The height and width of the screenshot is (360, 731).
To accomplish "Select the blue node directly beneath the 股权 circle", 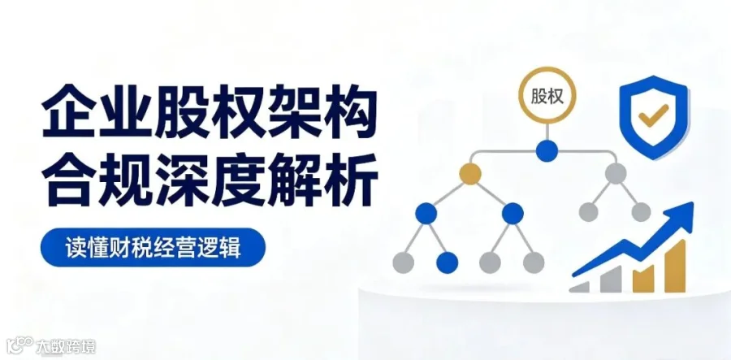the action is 547,151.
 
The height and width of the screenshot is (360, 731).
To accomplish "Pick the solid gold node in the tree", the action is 470,174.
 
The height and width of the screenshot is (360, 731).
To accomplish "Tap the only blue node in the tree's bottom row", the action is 447,262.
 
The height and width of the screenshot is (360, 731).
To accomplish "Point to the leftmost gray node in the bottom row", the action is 403,262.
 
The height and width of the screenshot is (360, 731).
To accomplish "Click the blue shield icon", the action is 653,116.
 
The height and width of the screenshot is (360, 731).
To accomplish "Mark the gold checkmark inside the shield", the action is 653,115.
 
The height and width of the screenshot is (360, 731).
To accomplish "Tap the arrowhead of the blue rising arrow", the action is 681,217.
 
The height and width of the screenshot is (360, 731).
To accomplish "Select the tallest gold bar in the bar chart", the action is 675,267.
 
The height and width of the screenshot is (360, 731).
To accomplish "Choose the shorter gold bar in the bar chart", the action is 643,279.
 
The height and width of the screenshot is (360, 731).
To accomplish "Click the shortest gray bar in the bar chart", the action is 579,287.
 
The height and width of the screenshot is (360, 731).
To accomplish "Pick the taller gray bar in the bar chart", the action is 611,280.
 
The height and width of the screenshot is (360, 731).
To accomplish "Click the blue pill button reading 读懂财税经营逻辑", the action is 153,247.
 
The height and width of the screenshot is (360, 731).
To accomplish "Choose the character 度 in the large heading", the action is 237,180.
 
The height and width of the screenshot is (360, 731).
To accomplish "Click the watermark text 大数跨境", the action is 66,346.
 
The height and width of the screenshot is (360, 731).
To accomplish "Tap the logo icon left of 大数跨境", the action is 20,345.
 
